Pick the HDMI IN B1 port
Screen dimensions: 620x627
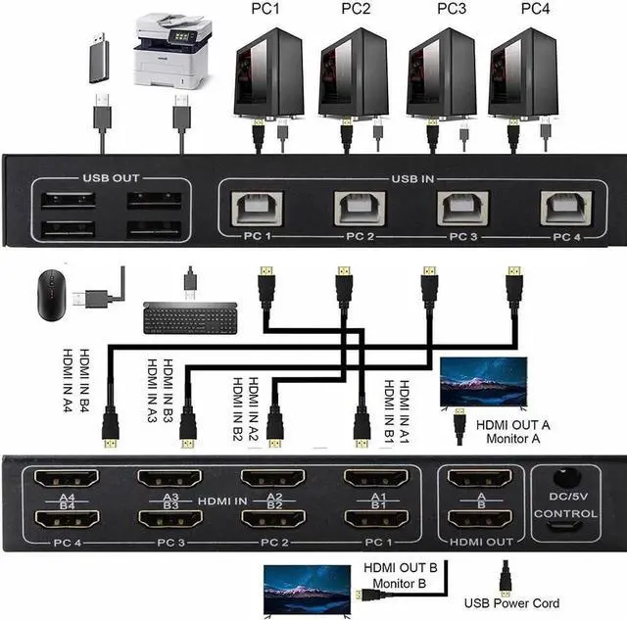[x=375, y=520]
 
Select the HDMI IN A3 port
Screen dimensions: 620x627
[x=169, y=479]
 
